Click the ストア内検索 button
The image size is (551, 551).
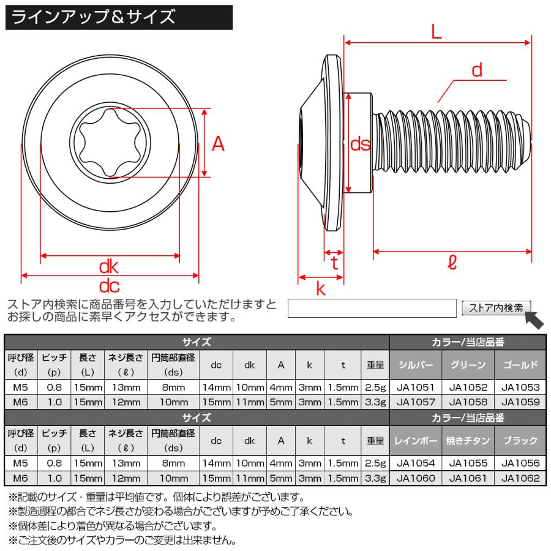tap(496, 308)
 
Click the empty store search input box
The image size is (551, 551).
tap(372, 308)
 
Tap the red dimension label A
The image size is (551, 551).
tap(218, 144)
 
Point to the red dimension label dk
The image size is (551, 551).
tap(109, 267)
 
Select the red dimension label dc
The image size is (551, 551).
tap(109, 285)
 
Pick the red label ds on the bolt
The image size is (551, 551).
tap(361, 144)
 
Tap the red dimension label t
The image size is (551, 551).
tap(334, 263)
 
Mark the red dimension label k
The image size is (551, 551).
tap(321, 289)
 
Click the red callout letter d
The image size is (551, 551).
tap(477, 70)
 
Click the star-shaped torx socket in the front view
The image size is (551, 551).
tap(109, 143)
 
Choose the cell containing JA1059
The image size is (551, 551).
tap(520, 402)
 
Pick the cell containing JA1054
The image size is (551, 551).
tap(415, 463)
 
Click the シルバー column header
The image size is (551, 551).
tap(415, 365)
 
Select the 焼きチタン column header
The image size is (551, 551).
tap(467, 440)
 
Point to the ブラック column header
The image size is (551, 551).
tap(520, 440)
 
